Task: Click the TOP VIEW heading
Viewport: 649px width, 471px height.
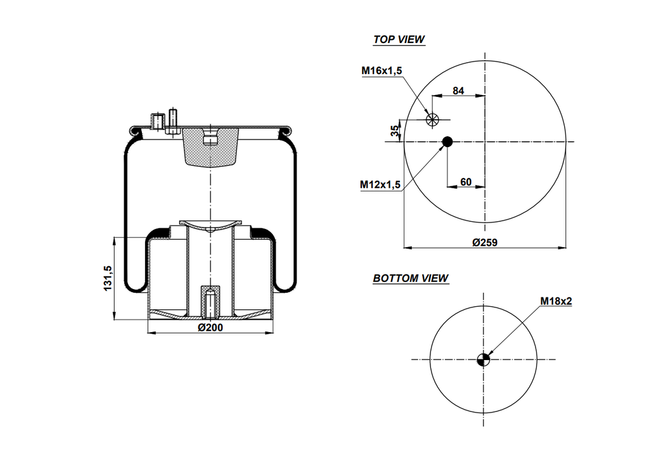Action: click(x=399, y=39)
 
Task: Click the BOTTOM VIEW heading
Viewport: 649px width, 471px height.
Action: click(x=410, y=278)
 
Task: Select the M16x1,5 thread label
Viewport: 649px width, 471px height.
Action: click(x=382, y=71)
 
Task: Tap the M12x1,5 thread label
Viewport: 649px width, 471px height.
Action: click(x=380, y=184)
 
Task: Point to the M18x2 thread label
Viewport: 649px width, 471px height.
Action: click(x=556, y=301)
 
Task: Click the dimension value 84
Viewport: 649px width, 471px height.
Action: click(x=458, y=91)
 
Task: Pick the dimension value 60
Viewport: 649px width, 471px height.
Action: click(x=466, y=182)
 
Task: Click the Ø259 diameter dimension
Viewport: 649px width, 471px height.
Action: click(x=485, y=242)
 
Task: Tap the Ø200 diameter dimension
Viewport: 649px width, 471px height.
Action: click(x=210, y=327)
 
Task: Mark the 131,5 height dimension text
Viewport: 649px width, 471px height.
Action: click(x=108, y=278)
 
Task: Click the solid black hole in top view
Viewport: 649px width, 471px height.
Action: click(x=447, y=141)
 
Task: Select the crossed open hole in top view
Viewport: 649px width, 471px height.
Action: click(x=432, y=119)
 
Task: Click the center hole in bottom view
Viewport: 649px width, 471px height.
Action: click(x=484, y=359)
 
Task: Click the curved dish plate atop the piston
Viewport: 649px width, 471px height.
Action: click(x=210, y=225)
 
